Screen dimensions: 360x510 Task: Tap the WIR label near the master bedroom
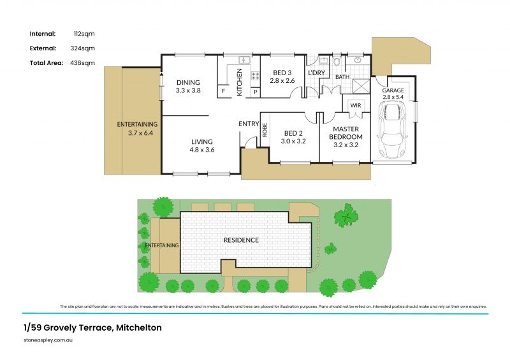(x=356, y=106)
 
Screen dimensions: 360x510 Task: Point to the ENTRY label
(x=249, y=124)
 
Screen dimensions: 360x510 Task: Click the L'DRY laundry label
(x=317, y=73)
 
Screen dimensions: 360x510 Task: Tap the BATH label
(x=343, y=77)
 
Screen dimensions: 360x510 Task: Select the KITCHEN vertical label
(x=240, y=84)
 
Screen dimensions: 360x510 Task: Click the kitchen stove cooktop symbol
(x=255, y=75)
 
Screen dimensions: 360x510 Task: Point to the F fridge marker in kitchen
(x=223, y=92)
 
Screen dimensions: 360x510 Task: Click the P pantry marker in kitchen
(x=255, y=92)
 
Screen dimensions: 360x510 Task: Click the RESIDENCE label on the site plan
(x=241, y=240)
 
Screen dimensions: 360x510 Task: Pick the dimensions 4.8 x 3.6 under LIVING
(x=201, y=150)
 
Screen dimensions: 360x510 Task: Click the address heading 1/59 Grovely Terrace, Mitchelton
(x=92, y=328)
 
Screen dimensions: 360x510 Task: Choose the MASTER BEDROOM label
(x=346, y=133)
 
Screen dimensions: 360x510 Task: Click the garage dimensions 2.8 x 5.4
(x=393, y=98)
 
